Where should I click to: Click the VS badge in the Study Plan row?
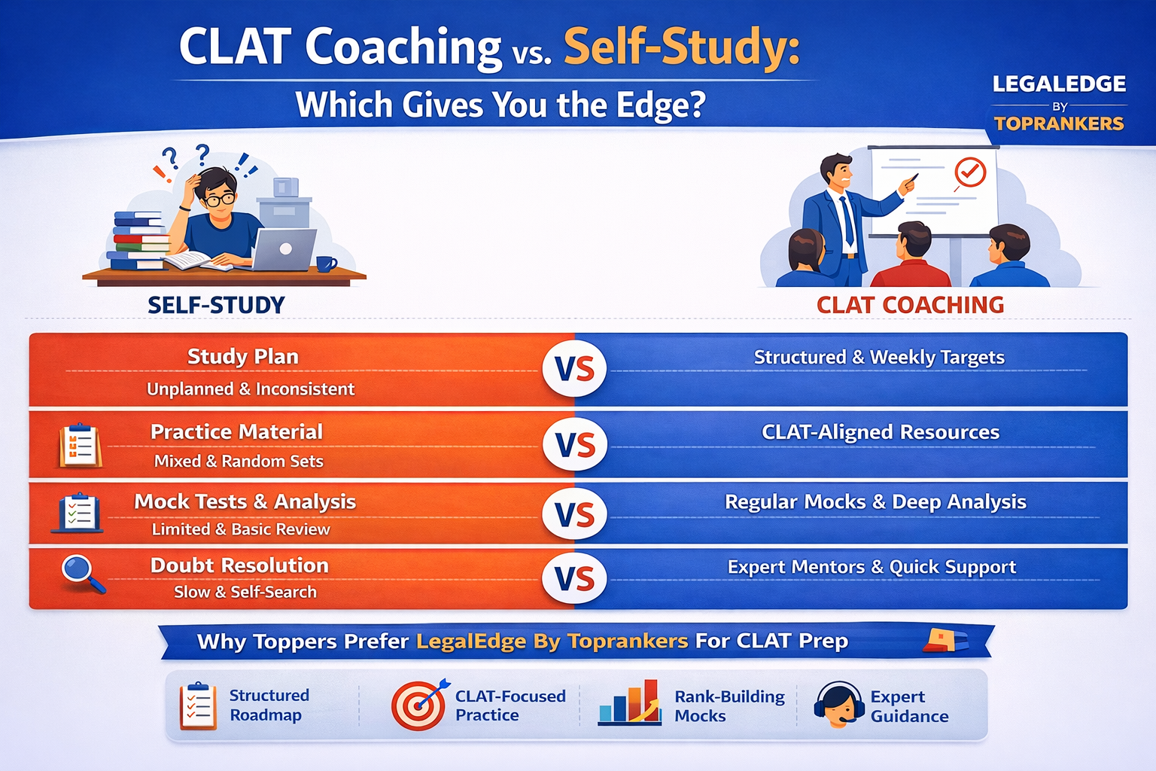tap(574, 370)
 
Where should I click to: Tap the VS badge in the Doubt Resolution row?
tap(574, 578)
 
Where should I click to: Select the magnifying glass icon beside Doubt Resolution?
tap(82, 574)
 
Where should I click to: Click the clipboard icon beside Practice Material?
tap(80, 446)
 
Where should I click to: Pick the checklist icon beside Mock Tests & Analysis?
tap(78, 513)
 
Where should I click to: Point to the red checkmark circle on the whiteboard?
tap(970, 172)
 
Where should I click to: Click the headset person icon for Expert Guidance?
tap(838, 705)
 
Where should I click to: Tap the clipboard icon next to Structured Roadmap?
tap(198, 705)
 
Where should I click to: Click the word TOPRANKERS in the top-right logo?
tap(1059, 123)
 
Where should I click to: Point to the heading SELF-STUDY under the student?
tap(216, 305)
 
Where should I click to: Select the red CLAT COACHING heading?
tap(910, 305)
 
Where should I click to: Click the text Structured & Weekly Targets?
tap(879, 357)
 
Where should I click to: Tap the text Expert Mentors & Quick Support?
tap(872, 567)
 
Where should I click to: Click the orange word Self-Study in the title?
tap(681, 47)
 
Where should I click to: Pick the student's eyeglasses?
tap(219, 200)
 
